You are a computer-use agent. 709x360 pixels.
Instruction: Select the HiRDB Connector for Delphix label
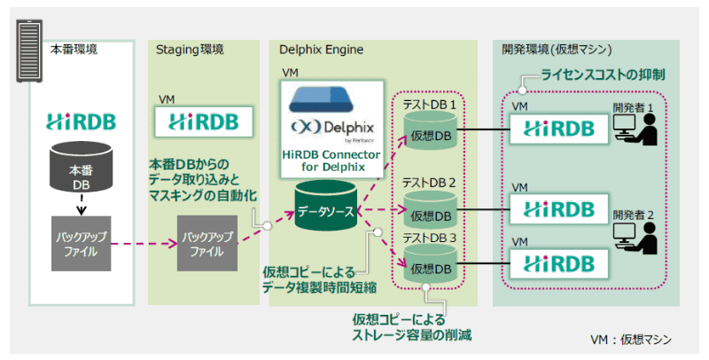(x=332, y=161)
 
